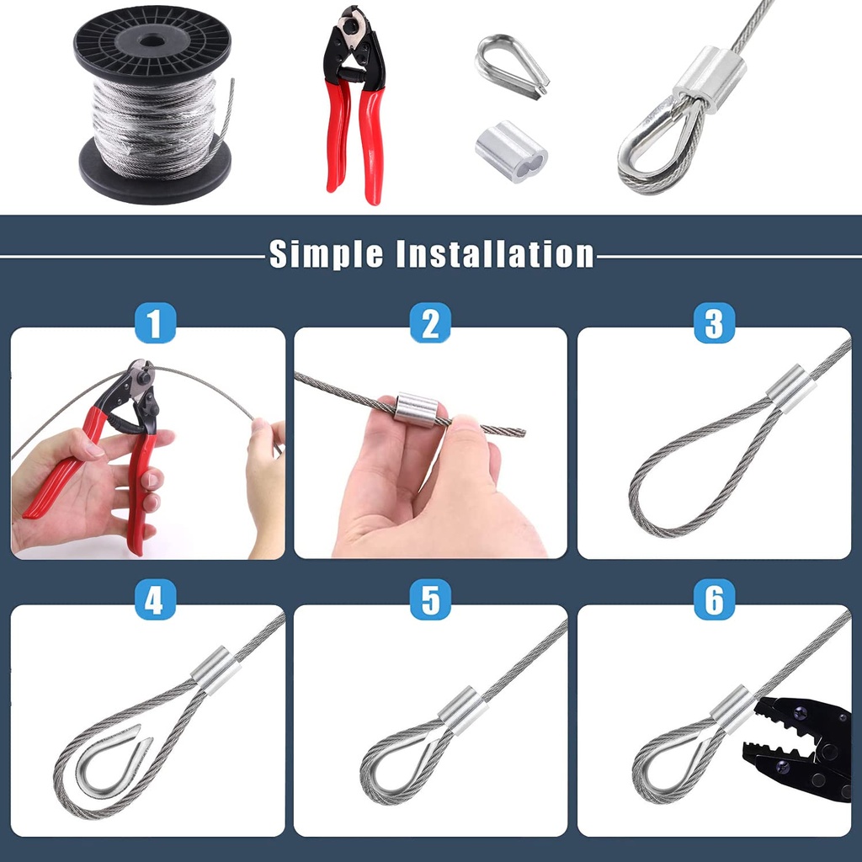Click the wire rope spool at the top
click(x=153, y=104)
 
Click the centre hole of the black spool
click(x=152, y=41)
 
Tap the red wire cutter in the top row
click(x=354, y=104)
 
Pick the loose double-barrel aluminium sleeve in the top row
click(x=511, y=152)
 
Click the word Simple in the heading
click(x=326, y=254)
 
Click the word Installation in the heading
click(x=495, y=254)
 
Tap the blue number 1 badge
click(x=155, y=322)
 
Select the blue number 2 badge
click(x=430, y=322)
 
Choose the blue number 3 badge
click(x=714, y=322)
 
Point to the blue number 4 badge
click(x=155, y=599)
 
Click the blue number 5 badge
click(x=430, y=599)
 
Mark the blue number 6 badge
click(x=714, y=599)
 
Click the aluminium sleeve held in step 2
click(x=416, y=409)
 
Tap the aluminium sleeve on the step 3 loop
click(x=790, y=389)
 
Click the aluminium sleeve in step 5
click(x=462, y=710)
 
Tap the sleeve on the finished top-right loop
click(x=710, y=79)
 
